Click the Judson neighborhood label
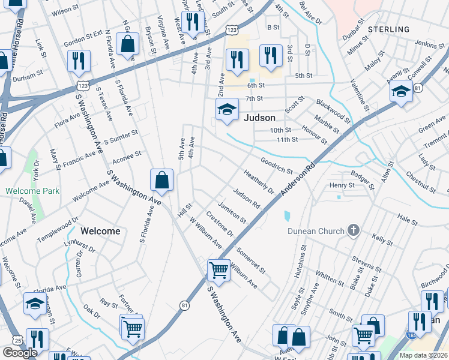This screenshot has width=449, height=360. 259,118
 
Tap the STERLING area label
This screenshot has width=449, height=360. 388,29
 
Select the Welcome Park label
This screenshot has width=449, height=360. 25,191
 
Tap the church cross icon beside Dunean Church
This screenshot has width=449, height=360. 354,230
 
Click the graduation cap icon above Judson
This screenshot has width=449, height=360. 226,110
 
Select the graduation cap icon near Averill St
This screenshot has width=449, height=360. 400,92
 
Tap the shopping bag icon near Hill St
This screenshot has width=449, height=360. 162,179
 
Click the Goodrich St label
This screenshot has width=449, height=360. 276,166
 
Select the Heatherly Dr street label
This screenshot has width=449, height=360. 259,182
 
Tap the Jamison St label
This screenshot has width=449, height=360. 232,211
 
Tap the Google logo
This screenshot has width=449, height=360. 20,353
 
